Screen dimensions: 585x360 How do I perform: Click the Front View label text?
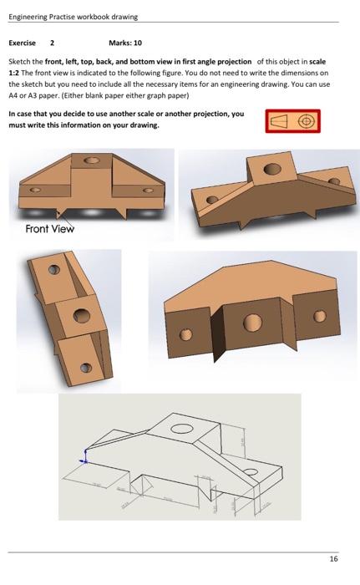tap(49, 229)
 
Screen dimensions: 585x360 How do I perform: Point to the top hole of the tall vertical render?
tap(53, 270)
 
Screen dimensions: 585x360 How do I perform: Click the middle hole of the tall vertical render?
tap(80, 316)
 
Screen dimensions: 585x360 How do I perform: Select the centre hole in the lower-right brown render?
tap(253, 324)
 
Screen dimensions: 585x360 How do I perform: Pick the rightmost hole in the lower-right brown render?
tap(317, 317)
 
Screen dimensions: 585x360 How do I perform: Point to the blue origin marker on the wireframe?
tap(83, 459)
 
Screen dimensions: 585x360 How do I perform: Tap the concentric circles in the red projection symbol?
tap(306, 121)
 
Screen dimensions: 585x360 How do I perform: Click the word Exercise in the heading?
tap(22, 42)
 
